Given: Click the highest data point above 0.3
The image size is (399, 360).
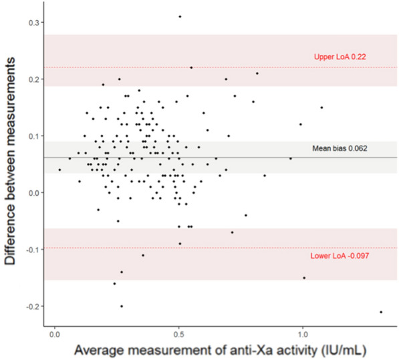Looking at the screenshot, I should pos(180,16).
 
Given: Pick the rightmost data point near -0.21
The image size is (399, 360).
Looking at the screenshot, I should pos(381,312).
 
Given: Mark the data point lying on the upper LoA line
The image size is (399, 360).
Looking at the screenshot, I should pos(191,67).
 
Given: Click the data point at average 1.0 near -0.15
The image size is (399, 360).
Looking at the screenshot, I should pos(304,278).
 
